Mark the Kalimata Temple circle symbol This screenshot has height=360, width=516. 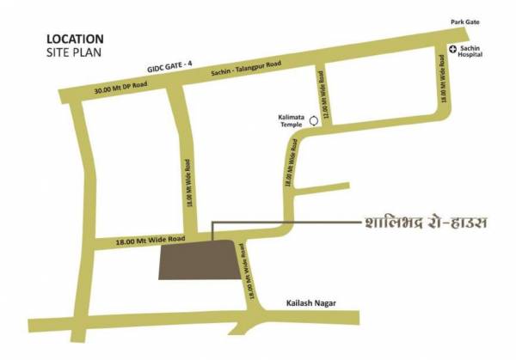[315, 122]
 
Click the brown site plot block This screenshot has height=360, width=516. [197, 259]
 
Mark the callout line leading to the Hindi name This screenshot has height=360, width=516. [284, 223]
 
